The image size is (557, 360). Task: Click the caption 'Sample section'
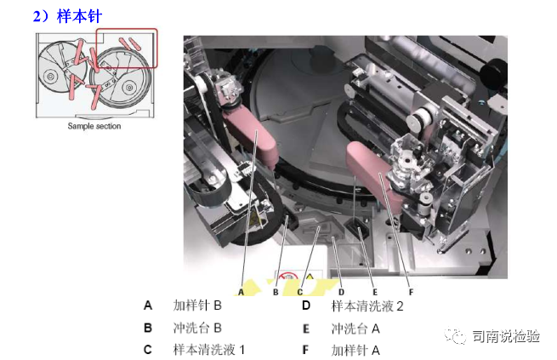coord(94,127)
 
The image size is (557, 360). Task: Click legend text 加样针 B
coord(197,305)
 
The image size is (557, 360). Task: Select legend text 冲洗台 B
coord(197,327)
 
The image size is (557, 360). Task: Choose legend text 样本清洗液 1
coord(209,349)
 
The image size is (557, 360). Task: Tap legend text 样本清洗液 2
coord(367,305)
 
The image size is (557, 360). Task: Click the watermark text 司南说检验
coord(507,336)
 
